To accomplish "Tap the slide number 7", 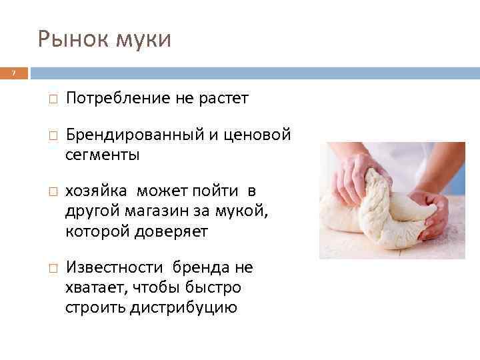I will point(13,73).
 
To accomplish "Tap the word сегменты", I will point(103,155).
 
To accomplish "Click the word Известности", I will point(114,269).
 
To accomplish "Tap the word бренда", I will point(198,269).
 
